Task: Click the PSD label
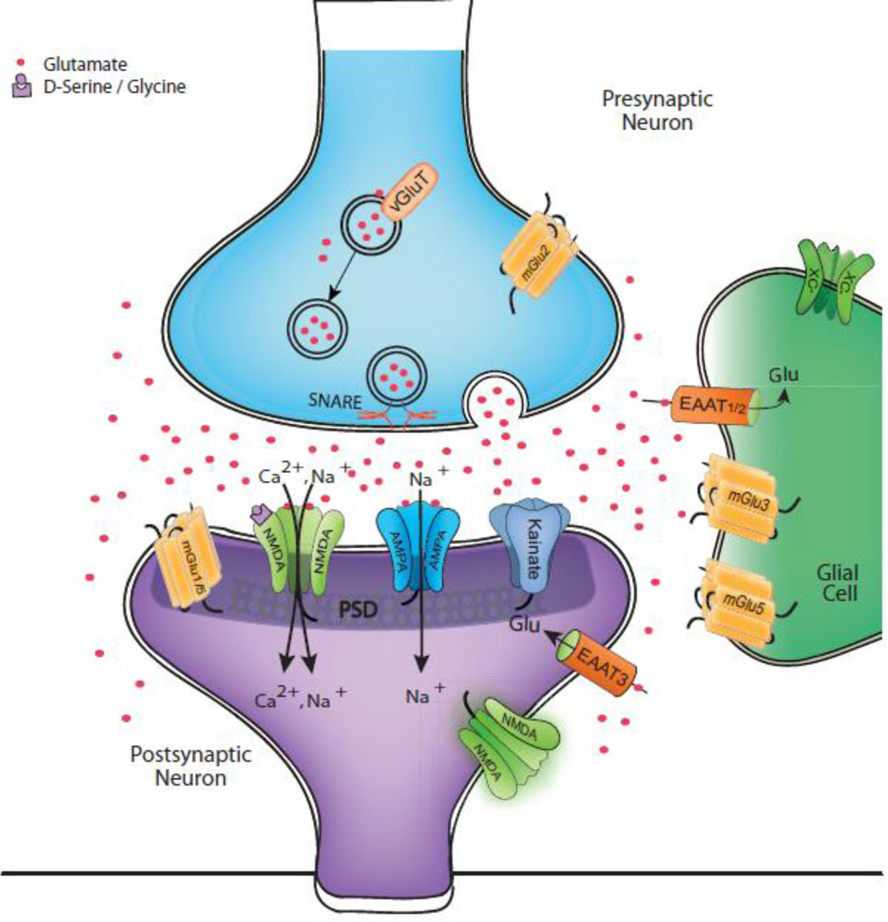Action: point(356,607)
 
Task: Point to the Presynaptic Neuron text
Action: point(656,110)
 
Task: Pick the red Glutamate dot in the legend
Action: point(21,64)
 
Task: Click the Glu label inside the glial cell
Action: point(783,375)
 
